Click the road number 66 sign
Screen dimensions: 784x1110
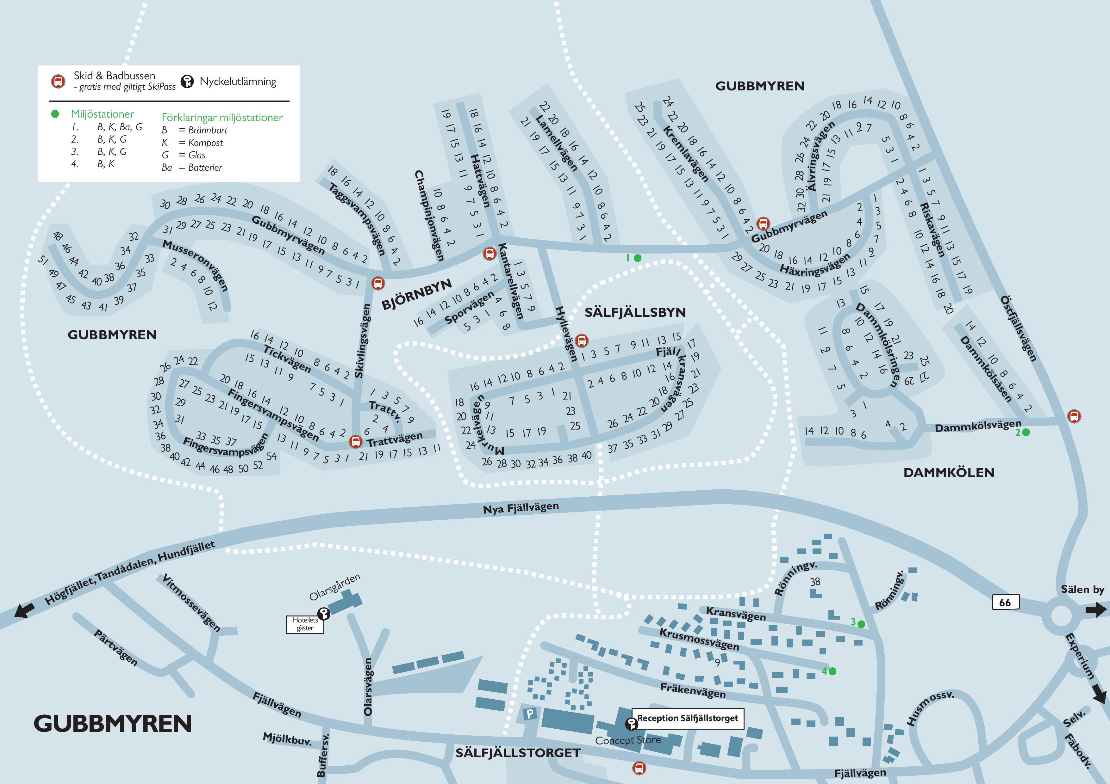[1005, 602]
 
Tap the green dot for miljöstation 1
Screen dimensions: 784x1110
[638, 258]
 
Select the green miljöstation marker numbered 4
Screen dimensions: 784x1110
[832, 671]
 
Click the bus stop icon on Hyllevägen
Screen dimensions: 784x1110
[582, 340]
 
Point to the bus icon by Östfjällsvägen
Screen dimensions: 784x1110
[1074, 416]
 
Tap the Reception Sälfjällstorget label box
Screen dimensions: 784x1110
[688, 718]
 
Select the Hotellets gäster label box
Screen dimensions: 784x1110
[305, 624]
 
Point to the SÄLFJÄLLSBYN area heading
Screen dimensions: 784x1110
[635, 313]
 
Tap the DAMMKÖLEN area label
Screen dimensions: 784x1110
[949, 472]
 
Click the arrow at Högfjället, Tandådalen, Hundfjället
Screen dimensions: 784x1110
[21, 611]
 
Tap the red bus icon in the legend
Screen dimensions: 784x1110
[58, 81]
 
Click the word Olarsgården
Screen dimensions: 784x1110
[334, 587]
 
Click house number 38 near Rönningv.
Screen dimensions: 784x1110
[815, 582]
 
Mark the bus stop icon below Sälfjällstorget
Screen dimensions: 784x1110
[639, 768]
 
